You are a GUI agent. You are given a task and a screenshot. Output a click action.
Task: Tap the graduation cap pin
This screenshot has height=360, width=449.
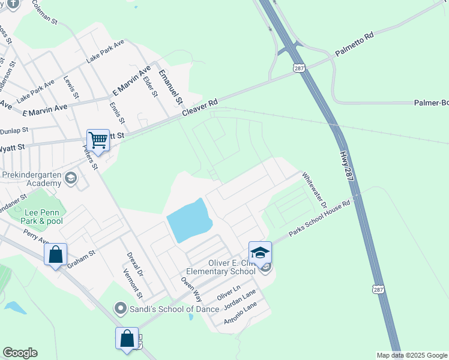pos(260,253)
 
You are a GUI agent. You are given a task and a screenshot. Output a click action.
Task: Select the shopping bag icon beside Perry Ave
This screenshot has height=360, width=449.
pos(55,254)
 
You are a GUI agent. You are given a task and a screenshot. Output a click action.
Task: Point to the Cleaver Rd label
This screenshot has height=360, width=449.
pos(199,109)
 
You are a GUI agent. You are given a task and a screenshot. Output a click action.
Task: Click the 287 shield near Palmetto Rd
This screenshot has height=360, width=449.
pos(298,68)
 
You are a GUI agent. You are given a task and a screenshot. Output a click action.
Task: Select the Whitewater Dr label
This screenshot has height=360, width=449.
pos(313,190)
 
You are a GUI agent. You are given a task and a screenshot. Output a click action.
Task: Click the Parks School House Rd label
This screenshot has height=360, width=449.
pos(319,218)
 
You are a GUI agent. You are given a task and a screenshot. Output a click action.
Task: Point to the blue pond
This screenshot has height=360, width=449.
pos(189,221)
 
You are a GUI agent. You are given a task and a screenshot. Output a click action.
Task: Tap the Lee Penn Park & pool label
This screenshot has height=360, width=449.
pos(43,216)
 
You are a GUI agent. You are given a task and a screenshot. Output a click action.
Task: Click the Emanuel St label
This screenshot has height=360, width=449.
pos(170,86)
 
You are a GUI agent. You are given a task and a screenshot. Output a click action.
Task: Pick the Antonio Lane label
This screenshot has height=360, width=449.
pos(240,313)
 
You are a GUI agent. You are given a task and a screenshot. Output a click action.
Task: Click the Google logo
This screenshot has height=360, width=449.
pos(20,353)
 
